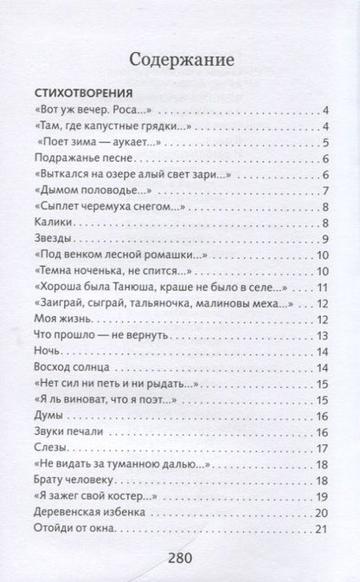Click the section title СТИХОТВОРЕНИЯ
coord(82,93)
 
